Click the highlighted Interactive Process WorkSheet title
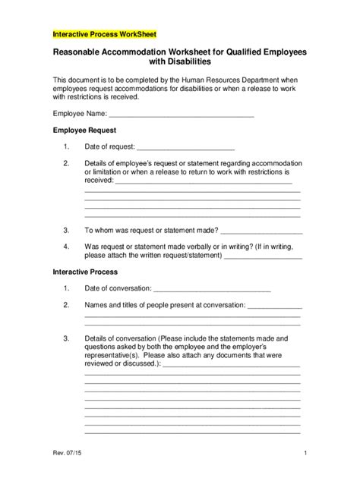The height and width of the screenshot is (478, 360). coord(103,34)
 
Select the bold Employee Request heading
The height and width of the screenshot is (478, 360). coord(83,131)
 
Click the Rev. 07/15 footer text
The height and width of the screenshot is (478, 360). coord(68,454)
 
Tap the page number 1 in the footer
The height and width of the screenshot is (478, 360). coord(304,454)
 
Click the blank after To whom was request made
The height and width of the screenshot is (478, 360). coord(262,230)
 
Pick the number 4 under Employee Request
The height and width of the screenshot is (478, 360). coord(67,247)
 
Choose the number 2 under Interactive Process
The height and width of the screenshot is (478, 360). coord(67,305)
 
